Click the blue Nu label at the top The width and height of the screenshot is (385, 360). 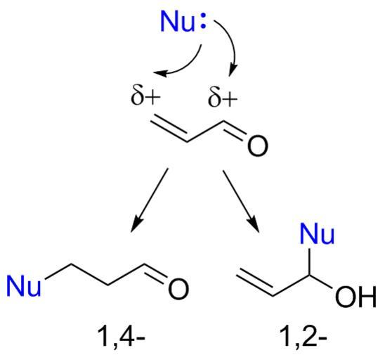pyautogui.click(x=177, y=22)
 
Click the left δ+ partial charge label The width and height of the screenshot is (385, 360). pyautogui.click(x=145, y=96)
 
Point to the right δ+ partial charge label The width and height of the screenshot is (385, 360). pyautogui.click(x=223, y=98)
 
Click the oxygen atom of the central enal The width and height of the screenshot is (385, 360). pyautogui.click(x=257, y=146)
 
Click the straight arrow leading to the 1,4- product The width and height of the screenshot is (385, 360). pyautogui.click(x=150, y=200)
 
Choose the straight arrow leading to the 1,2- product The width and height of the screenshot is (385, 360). pyautogui.click(x=241, y=201)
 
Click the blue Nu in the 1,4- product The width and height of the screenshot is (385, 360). pyautogui.click(x=24, y=286)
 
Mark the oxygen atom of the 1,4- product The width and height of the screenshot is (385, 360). pyautogui.click(x=178, y=289)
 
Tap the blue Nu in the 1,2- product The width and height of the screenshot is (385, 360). pyautogui.click(x=317, y=233)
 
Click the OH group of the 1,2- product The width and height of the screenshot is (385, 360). pyautogui.click(x=355, y=297)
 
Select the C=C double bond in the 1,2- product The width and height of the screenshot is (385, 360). pyautogui.click(x=255, y=282)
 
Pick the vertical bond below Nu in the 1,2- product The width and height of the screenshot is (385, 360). pyautogui.click(x=310, y=262)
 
